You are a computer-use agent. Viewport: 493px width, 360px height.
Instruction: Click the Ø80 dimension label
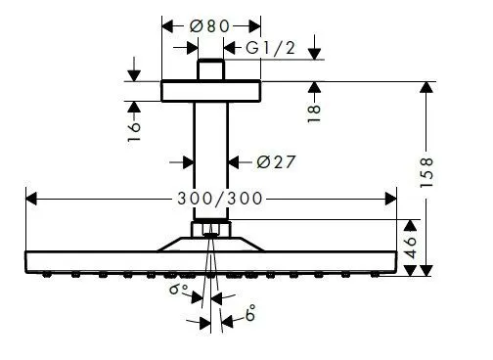click(x=211, y=25)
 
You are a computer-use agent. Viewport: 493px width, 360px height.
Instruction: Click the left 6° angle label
click(x=175, y=291)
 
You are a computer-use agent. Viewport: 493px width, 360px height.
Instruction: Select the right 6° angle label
click(x=251, y=316)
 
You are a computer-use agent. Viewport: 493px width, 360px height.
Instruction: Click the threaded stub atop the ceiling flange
click(x=210, y=71)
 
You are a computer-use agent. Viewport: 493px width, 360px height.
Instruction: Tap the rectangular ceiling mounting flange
click(x=210, y=91)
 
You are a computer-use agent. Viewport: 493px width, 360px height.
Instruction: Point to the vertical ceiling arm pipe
click(x=210, y=157)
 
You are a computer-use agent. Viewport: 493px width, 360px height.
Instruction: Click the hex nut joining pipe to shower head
click(x=210, y=232)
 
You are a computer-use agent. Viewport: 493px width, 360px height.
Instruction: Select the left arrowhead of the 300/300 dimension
click(x=30, y=199)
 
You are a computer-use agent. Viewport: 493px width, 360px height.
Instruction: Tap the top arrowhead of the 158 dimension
click(x=426, y=87)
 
